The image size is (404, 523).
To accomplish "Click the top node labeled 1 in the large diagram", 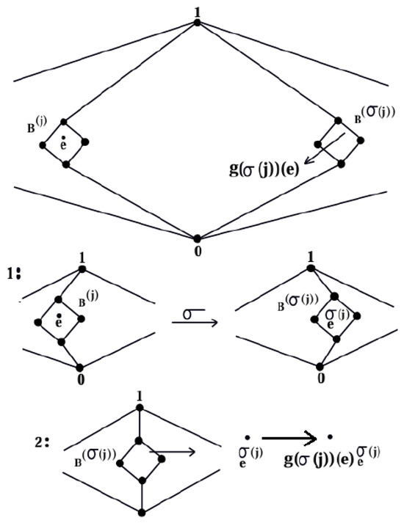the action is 198,23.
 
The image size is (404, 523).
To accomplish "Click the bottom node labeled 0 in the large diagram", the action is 198,238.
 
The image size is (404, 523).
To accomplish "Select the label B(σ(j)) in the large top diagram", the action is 375,115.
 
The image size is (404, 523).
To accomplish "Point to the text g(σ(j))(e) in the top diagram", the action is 264,169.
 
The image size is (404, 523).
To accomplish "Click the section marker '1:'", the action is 14,274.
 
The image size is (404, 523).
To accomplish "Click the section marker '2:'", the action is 42,442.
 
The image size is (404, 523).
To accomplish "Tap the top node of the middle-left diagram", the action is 82,269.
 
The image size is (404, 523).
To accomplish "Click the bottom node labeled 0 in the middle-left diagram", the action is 79,367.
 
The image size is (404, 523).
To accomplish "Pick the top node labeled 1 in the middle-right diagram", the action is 311,268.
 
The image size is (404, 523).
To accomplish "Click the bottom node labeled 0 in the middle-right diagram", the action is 320,366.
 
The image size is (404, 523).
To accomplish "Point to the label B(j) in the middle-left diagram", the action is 88,299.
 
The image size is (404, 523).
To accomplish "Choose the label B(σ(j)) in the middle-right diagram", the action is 297,302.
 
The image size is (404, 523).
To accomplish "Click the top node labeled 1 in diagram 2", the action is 140,408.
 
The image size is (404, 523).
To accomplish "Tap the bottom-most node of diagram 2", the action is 143,512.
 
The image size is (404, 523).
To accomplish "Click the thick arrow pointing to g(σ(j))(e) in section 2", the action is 289,439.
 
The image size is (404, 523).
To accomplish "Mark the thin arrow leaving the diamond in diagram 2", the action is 172,452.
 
